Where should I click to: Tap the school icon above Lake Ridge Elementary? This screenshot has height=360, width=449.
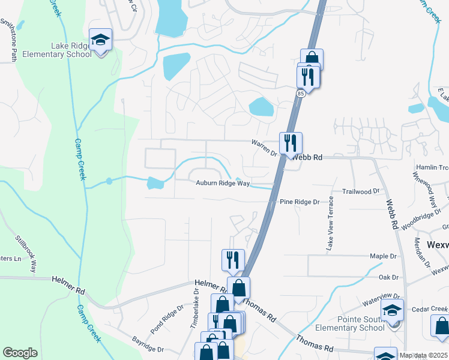coord(100,40)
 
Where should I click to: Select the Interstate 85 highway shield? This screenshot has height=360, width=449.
coord(301,93)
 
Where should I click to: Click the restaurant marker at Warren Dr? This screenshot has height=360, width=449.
coord(291,143)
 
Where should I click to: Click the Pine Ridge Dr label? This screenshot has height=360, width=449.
coord(300,203)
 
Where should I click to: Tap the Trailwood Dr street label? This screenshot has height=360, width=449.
coord(361,191)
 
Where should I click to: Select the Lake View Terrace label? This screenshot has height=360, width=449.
coord(330,231)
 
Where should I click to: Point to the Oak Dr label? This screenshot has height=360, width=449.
coord(389,277)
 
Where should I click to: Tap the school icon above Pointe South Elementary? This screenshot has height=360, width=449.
coord(393,310)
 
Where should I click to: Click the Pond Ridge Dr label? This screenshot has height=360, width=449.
coord(163,322)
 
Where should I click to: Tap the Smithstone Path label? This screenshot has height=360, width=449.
coord(13,40)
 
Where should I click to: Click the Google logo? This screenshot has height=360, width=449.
coord(20,353)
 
